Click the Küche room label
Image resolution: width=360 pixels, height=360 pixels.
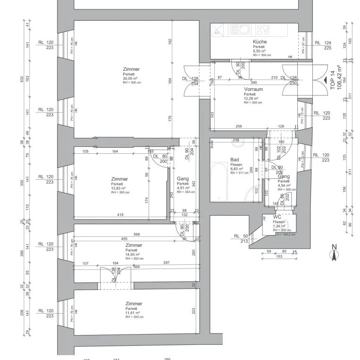(x=260, y=42)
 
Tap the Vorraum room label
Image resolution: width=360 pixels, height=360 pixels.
(x=253, y=89)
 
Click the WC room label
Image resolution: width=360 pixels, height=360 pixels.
(x=277, y=217)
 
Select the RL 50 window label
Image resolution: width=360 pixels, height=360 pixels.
(x=240, y=236)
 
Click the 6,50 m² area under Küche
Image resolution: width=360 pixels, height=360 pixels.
(x=259, y=51)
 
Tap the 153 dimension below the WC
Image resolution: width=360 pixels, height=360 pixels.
(x=279, y=256)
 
